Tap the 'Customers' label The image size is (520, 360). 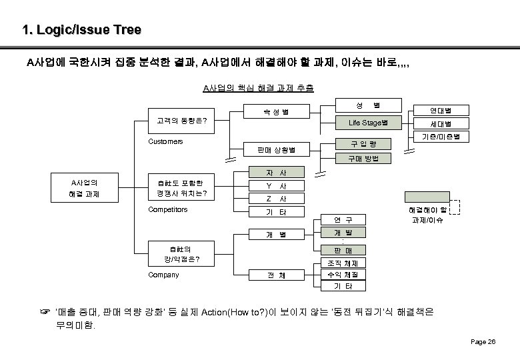(x=165, y=141)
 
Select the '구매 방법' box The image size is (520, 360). (x=367, y=158)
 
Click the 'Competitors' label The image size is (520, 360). (x=167, y=209)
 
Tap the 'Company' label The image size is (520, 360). (x=163, y=274)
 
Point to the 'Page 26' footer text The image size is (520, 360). (x=483, y=341)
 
